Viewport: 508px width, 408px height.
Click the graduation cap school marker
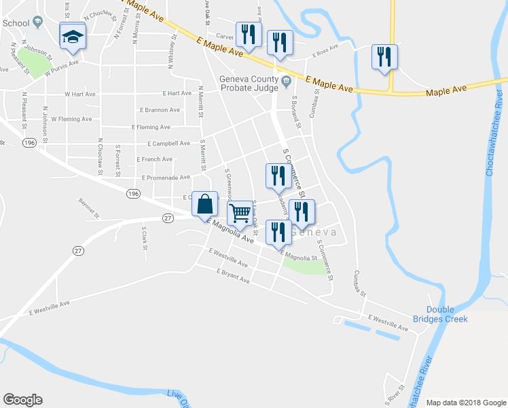click(x=72, y=35)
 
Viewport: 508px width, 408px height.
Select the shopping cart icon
click(x=239, y=213)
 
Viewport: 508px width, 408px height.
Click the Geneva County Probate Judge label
click(x=250, y=83)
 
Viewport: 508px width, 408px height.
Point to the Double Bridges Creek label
click(x=448, y=314)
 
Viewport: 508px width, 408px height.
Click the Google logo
click(x=22, y=400)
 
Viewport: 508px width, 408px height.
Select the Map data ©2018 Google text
click(x=465, y=402)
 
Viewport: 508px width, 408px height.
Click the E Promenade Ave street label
click(x=166, y=177)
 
